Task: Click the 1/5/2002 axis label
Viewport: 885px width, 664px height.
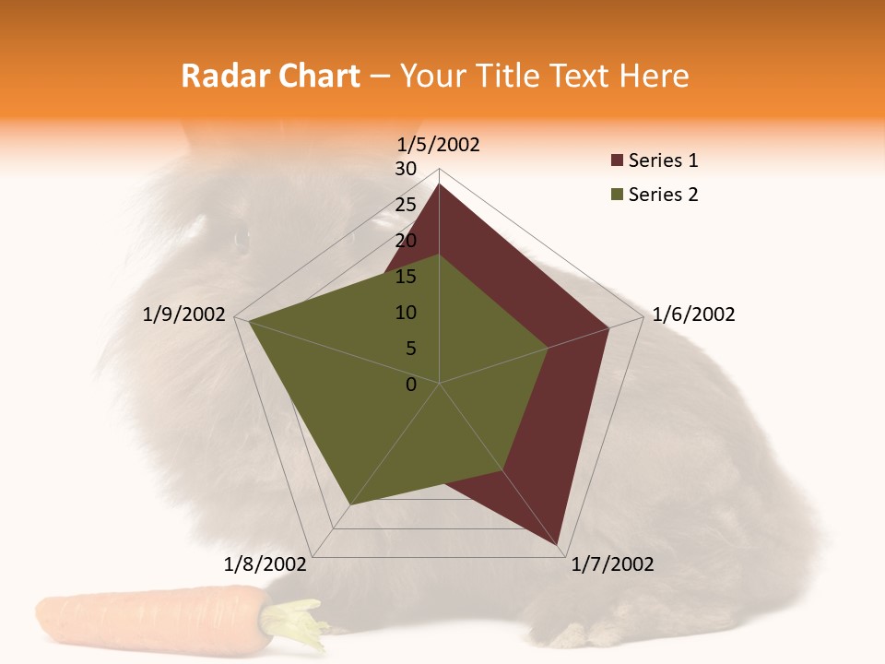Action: tap(439, 144)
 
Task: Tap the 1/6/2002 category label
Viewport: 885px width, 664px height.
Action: tap(693, 314)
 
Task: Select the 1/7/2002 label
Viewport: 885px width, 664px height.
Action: tap(612, 564)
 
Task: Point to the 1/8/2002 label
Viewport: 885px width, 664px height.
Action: tap(265, 564)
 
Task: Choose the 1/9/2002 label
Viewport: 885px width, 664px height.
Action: tap(184, 314)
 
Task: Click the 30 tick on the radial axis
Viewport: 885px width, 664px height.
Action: tap(406, 169)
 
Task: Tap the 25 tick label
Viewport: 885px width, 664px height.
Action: tap(406, 205)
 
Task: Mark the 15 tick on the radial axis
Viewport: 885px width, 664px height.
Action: tap(406, 277)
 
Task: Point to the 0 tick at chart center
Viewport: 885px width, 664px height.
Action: tap(411, 385)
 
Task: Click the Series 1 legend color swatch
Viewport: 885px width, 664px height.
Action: tap(617, 161)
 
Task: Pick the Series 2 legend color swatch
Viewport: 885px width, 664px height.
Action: tap(617, 195)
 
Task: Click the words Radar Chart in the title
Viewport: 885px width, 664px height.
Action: tap(270, 76)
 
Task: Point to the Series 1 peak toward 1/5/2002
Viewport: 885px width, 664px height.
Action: tap(439, 184)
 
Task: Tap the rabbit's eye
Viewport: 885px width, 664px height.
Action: tap(242, 240)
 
